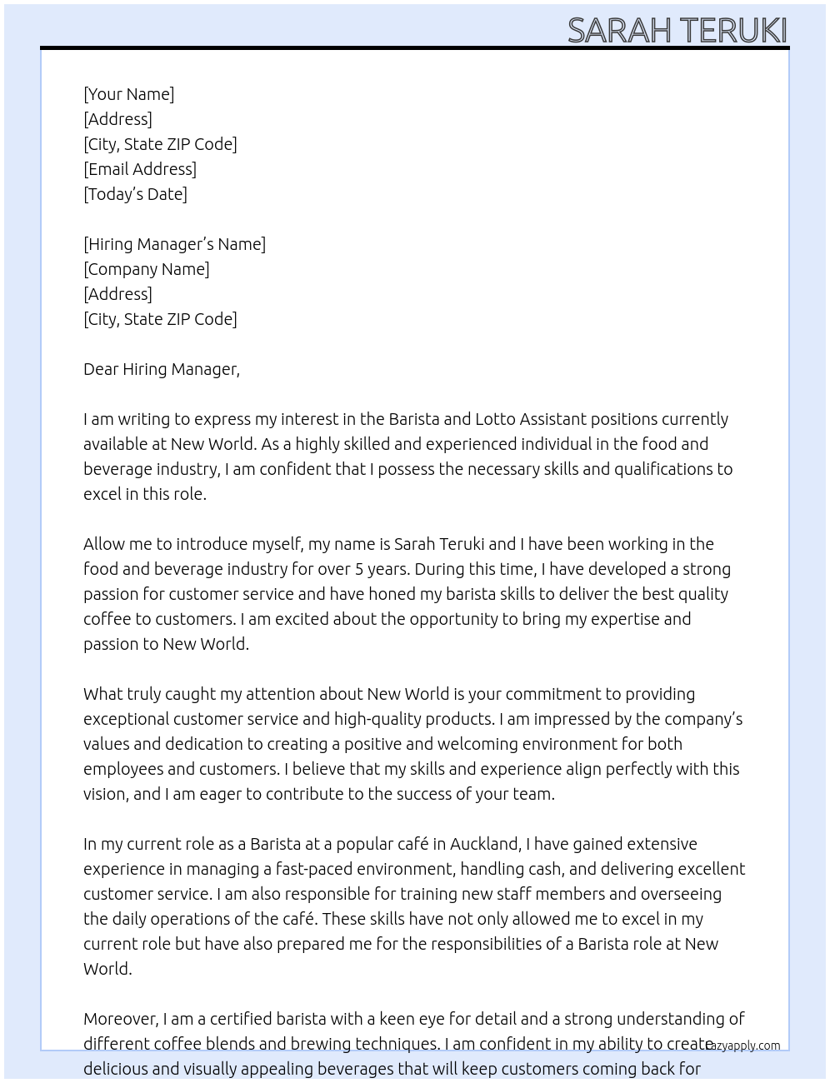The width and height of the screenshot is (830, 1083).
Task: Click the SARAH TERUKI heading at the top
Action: (x=677, y=30)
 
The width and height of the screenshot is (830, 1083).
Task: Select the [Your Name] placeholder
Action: (x=129, y=94)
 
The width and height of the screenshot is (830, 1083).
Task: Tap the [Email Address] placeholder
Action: (x=140, y=169)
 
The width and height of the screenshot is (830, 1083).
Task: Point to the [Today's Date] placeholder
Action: (x=135, y=194)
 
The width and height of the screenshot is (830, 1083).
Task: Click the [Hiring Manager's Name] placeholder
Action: (x=174, y=244)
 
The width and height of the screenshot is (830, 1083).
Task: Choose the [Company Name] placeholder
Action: (x=147, y=269)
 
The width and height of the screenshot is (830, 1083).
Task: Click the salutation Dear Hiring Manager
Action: (x=161, y=369)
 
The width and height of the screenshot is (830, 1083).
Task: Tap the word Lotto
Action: (x=495, y=419)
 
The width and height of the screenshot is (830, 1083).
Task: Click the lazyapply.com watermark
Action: (x=743, y=1046)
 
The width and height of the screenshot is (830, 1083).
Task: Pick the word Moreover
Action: (x=121, y=1019)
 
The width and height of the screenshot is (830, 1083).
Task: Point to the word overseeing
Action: (x=681, y=894)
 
